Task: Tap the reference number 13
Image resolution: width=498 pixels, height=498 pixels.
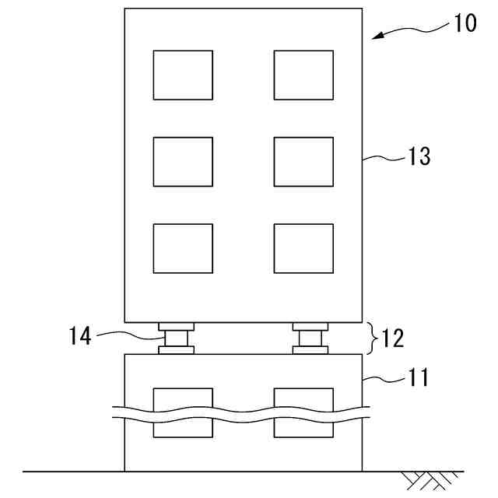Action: tap(419, 156)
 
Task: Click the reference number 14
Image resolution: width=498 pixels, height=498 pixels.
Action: tap(80, 336)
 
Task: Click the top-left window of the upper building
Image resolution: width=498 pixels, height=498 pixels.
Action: tap(183, 75)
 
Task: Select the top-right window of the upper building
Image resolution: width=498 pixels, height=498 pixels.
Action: tap(303, 75)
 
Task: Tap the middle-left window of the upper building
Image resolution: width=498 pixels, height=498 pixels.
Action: tap(183, 162)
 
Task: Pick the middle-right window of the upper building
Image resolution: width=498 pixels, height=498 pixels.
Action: tap(303, 162)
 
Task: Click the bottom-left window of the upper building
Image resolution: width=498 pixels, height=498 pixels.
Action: tap(183, 248)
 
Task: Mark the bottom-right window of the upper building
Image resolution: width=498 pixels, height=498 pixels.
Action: tap(303, 248)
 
